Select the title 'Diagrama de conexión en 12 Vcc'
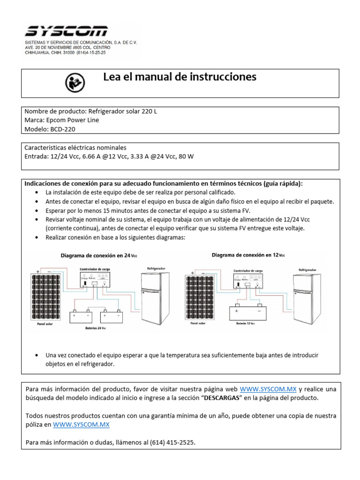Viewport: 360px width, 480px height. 248,255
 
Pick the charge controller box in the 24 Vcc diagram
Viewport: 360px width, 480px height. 96,280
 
